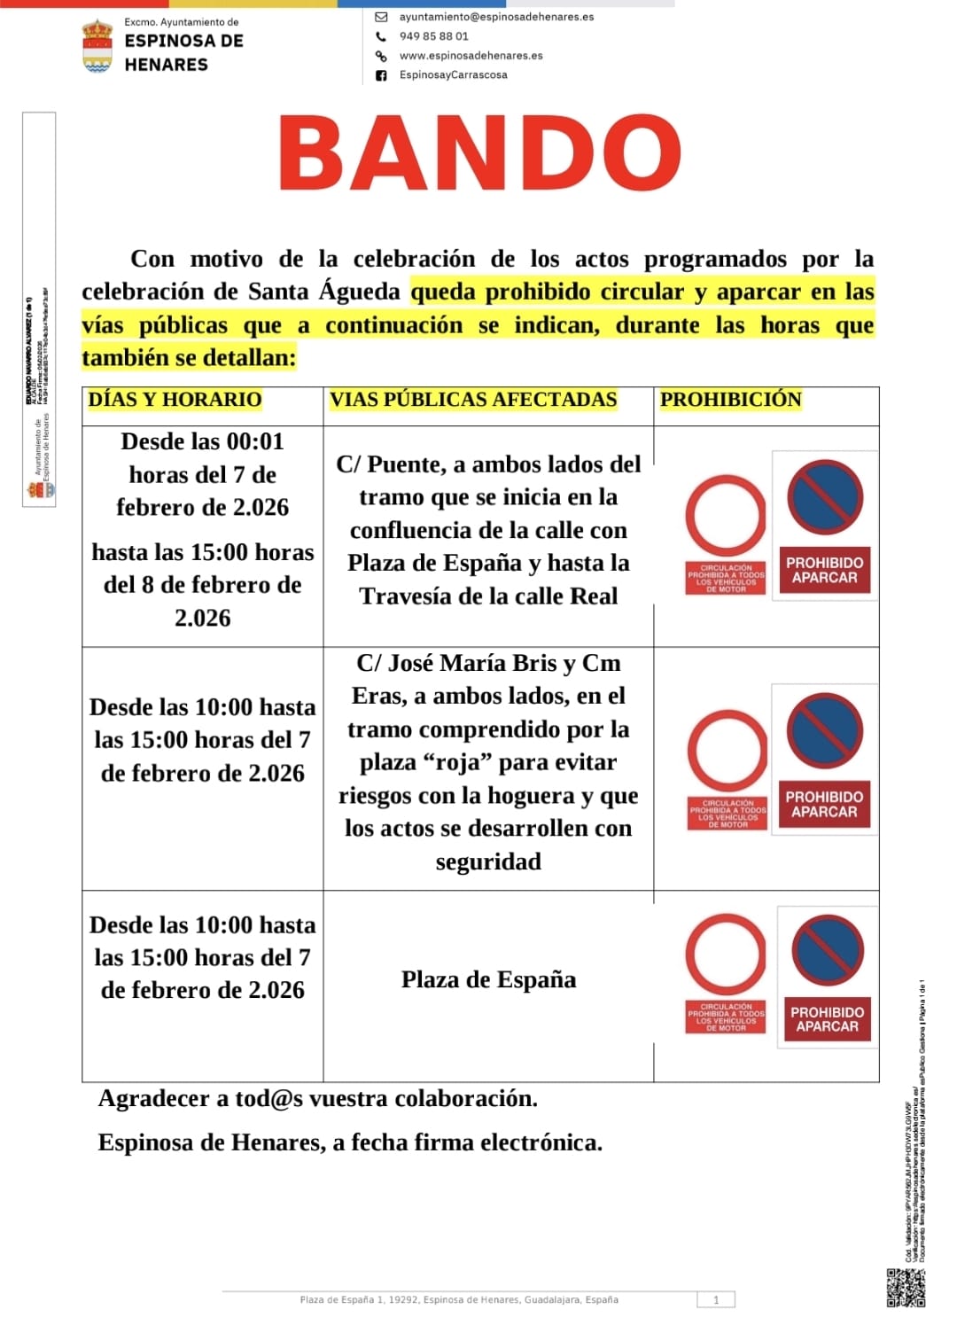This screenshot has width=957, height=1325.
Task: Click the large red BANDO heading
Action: click(479, 154)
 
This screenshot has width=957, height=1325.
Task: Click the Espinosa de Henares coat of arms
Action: click(97, 46)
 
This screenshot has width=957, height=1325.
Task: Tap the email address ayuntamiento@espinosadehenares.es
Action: click(496, 17)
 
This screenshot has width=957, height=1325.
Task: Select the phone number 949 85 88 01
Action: click(433, 36)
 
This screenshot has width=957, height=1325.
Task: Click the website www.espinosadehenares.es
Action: click(471, 55)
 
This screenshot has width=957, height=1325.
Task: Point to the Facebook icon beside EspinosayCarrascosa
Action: click(381, 75)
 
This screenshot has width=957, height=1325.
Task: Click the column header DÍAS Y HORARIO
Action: click(175, 400)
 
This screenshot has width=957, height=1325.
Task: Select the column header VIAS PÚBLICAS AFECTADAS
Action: click(473, 400)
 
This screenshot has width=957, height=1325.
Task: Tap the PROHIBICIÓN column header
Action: click(730, 400)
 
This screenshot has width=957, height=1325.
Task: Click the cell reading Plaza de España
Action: click(488, 979)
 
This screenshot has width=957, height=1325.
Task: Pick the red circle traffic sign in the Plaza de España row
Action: click(726, 955)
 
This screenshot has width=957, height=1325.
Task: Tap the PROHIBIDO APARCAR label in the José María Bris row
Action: click(824, 804)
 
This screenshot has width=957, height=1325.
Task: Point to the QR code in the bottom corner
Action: click(906, 1288)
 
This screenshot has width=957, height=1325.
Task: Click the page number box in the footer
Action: click(716, 1300)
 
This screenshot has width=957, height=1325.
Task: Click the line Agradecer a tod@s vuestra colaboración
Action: click(317, 1099)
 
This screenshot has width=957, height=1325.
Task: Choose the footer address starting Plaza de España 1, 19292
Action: click(459, 1300)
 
